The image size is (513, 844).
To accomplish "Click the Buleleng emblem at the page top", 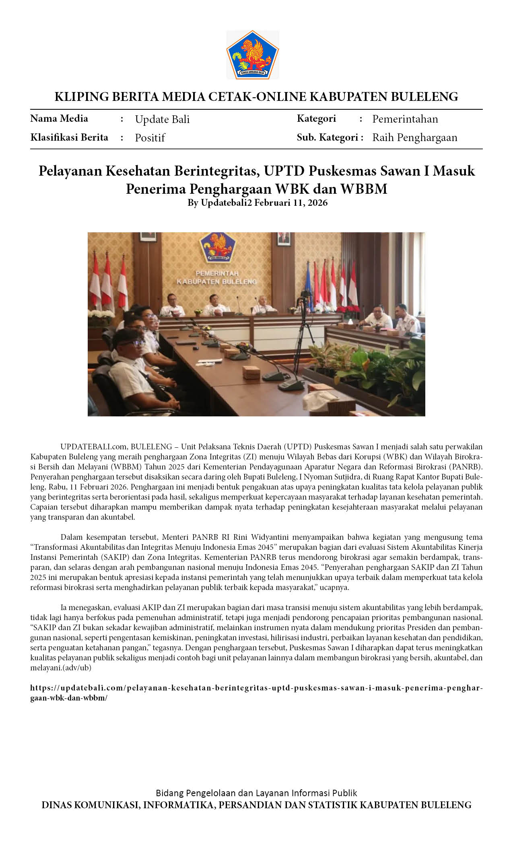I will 252,55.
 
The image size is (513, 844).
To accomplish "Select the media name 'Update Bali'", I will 162,119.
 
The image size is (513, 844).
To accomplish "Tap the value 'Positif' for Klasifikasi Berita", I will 150,138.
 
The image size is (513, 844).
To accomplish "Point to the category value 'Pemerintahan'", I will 405,119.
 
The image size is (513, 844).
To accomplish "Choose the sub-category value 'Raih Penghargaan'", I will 414,137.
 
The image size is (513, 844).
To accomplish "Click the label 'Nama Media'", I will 59,119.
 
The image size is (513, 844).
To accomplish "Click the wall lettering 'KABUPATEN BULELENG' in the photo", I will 216,282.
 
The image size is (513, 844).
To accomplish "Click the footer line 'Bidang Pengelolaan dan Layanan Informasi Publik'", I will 256,793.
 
